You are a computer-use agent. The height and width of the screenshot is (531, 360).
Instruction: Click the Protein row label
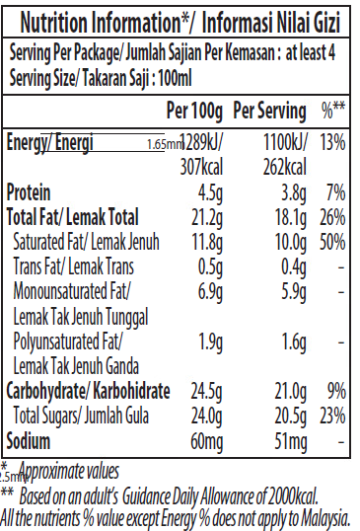(30, 191)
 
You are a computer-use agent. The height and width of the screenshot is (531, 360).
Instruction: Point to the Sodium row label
(29, 439)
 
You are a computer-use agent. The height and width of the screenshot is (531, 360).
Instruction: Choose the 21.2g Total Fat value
(209, 216)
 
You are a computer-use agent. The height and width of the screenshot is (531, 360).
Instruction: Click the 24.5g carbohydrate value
(209, 391)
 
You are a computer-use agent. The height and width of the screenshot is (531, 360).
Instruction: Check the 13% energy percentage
(332, 142)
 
